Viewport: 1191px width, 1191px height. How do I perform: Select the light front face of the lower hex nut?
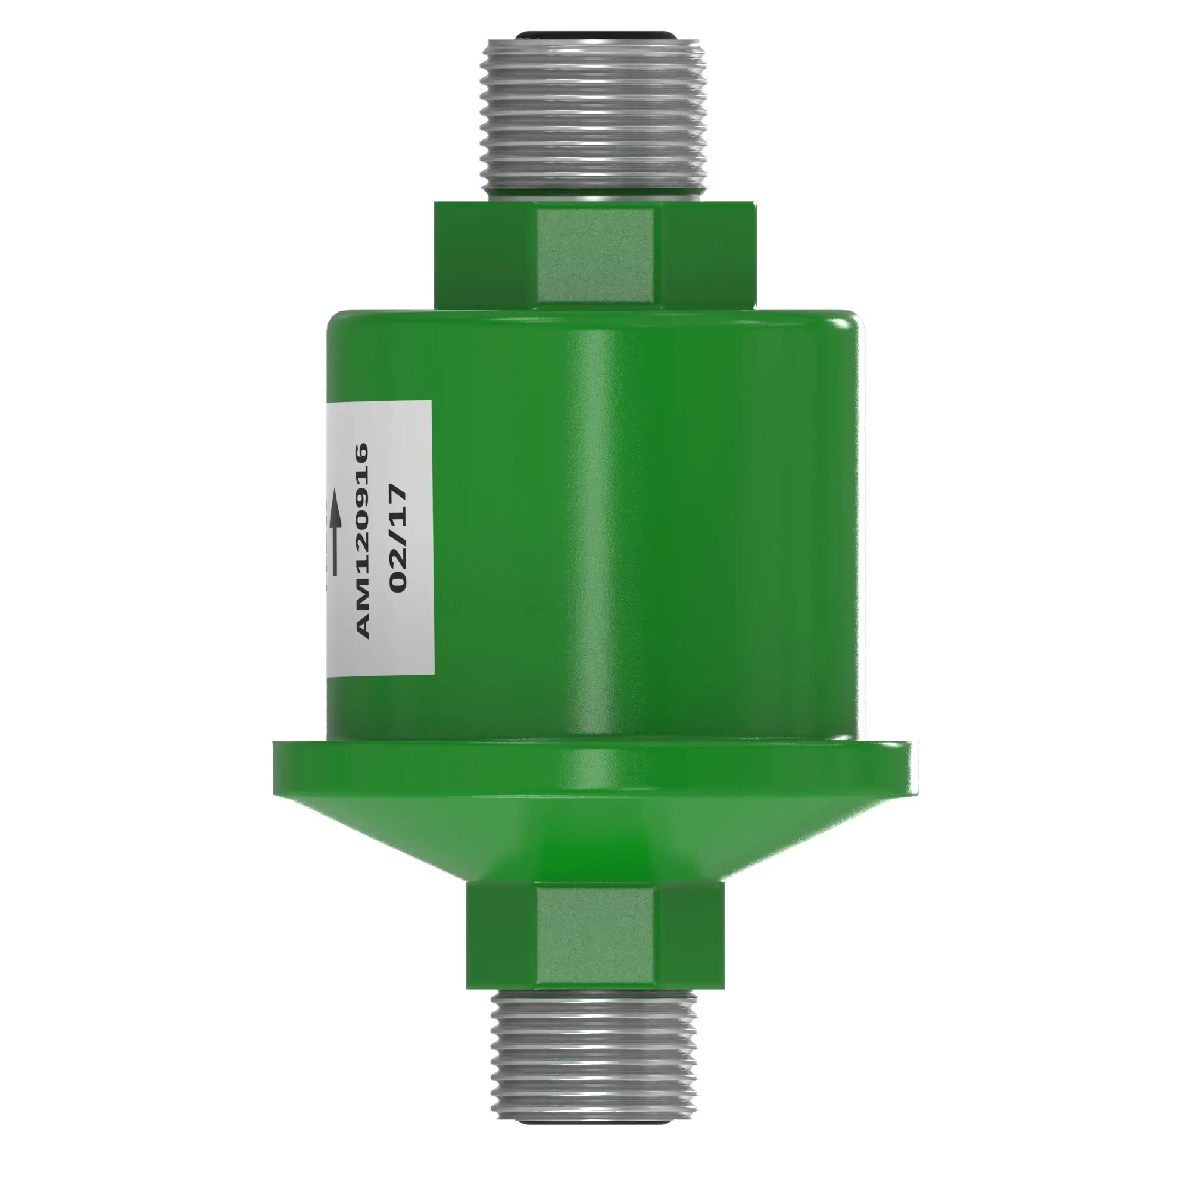[595, 939]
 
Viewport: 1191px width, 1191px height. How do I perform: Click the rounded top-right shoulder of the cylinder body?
[847, 327]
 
